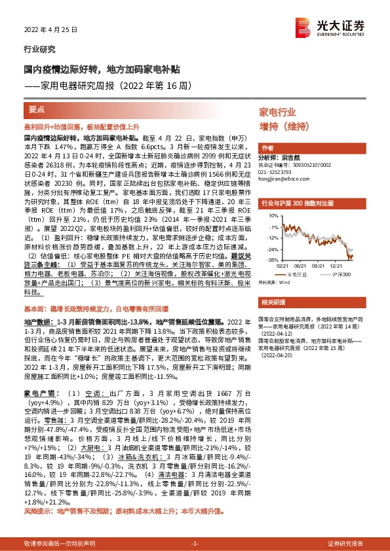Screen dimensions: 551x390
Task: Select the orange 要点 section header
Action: point(37,109)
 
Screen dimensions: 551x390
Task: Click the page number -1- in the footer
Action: point(194,543)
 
